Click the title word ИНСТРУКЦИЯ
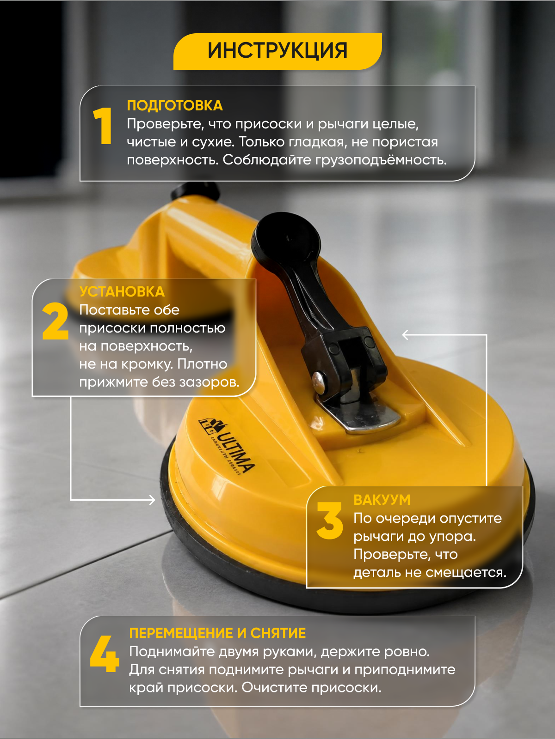click(277, 51)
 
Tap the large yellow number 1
click(103, 126)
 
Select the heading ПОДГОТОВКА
click(174, 106)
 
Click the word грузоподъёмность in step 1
click(381, 160)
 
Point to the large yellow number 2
click(55, 321)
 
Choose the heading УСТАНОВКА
click(122, 291)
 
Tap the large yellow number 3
click(330, 521)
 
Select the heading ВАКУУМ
click(382, 500)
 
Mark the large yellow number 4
click(105, 654)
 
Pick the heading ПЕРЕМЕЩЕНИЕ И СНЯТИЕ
click(217, 633)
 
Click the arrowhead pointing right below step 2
click(152, 500)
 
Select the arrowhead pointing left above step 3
click(406, 335)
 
